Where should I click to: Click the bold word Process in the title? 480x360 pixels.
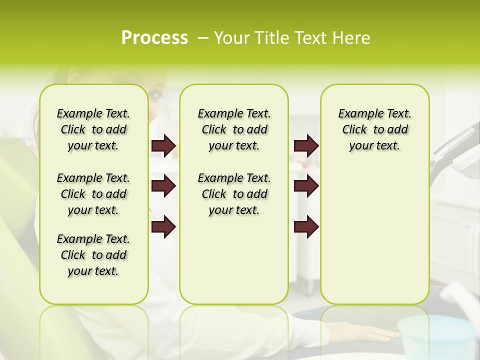click(x=154, y=38)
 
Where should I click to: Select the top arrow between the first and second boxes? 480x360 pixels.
click(x=163, y=146)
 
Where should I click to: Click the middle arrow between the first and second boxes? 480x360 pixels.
click(x=163, y=186)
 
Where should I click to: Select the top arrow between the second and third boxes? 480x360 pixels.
click(x=306, y=146)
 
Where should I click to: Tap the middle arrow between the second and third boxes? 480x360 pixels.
click(x=306, y=186)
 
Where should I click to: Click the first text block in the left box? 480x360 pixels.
click(x=93, y=129)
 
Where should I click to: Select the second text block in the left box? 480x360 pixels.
click(x=93, y=194)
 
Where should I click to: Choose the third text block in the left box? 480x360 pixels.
click(x=93, y=255)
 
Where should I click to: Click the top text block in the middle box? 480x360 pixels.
click(x=234, y=129)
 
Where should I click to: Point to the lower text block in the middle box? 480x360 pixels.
click(x=234, y=194)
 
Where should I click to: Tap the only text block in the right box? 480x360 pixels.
click(x=374, y=129)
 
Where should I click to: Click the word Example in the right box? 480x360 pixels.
click(x=356, y=114)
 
